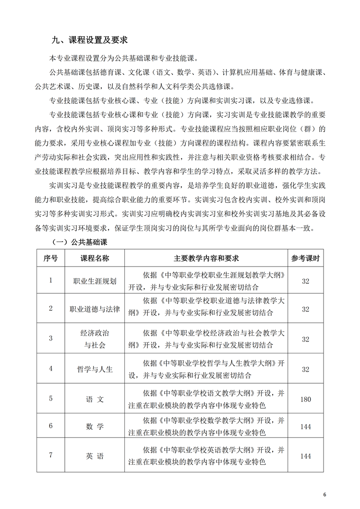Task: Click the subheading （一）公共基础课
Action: pos(82,242)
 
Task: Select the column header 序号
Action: pos(51,258)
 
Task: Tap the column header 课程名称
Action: pos(94,258)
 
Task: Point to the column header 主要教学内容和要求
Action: pos(206,258)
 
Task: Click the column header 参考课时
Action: pos(306,258)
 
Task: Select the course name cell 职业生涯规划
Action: pos(94,281)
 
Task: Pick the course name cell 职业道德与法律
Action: pos(94,308)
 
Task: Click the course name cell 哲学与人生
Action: pos(94,369)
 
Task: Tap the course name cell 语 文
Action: pos(94,399)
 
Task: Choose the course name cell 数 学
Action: pos(94,426)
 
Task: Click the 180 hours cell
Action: pos(306,399)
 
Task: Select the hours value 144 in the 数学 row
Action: pos(306,426)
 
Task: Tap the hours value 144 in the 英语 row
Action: pos(306,456)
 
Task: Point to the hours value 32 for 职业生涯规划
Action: pos(306,281)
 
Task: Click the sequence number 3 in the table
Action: pos(51,338)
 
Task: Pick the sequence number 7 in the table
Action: pos(51,455)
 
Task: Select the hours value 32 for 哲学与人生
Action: pos(306,369)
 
